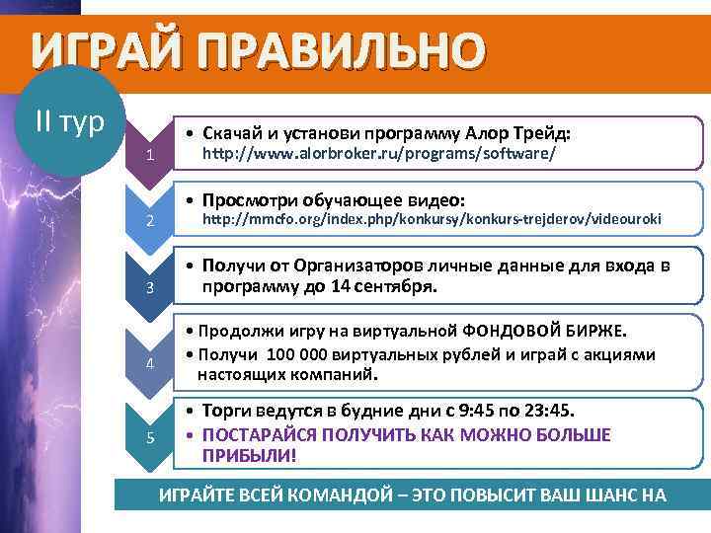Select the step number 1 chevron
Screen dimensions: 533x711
click(149, 154)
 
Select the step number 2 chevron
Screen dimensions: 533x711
click(149, 218)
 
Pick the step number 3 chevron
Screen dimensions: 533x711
click(149, 287)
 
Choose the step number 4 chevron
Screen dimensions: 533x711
click(149, 362)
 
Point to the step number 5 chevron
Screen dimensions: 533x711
click(149, 437)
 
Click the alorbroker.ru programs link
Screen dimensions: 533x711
click(379, 155)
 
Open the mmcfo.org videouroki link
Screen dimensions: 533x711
click(432, 218)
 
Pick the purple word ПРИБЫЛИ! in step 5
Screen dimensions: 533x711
click(249, 456)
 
